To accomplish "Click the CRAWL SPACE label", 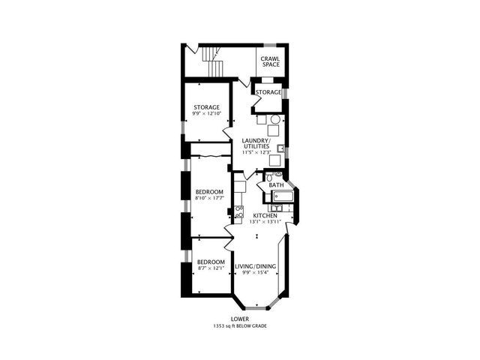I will tap(270, 61).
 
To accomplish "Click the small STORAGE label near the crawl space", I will tap(268, 92).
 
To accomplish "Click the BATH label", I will tap(276, 185).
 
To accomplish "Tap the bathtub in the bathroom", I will tap(283, 197).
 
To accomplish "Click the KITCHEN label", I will tap(265, 215).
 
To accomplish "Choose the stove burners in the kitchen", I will tap(239, 212).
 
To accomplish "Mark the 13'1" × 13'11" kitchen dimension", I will tap(264, 222).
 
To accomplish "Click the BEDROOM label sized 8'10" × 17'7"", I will tap(210, 192).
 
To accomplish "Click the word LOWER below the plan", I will tap(240, 319).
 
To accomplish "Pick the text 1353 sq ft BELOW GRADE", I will tap(240, 327).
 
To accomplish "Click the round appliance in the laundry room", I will tap(274, 120).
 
